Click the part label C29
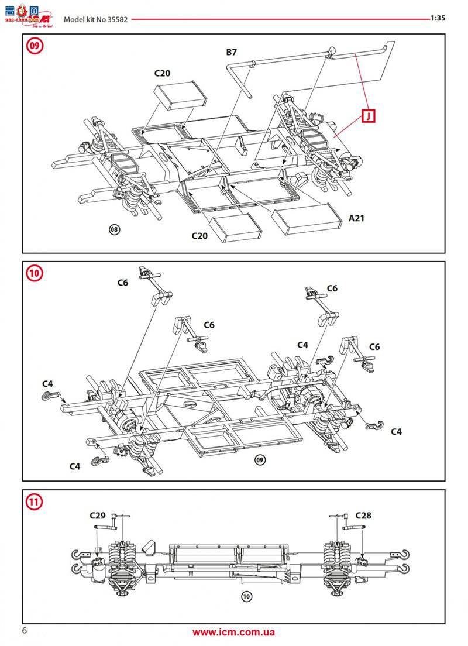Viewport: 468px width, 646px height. tap(97, 516)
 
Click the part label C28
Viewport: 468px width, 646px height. tap(363, 516)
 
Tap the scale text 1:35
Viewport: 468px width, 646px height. tap(438, 18)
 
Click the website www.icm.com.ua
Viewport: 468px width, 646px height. tap(234, 632)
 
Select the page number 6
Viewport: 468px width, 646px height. tap(25, 630)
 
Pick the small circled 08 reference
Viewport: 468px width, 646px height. tap(115, 229)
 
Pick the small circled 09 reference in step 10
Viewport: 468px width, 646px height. tap(260, 460)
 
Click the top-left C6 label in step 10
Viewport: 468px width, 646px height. tap(122, 283)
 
